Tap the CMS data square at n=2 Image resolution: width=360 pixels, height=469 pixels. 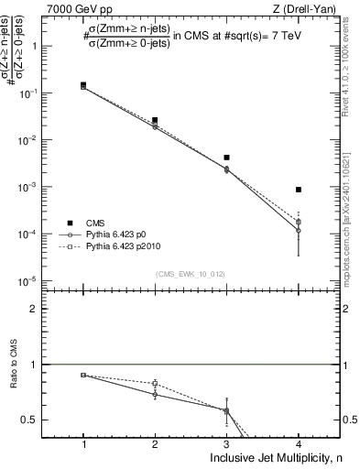point(155,120)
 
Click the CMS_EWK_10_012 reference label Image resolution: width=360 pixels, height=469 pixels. point(191,273)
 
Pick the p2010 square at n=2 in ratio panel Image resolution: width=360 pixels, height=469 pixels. point(155,383)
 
